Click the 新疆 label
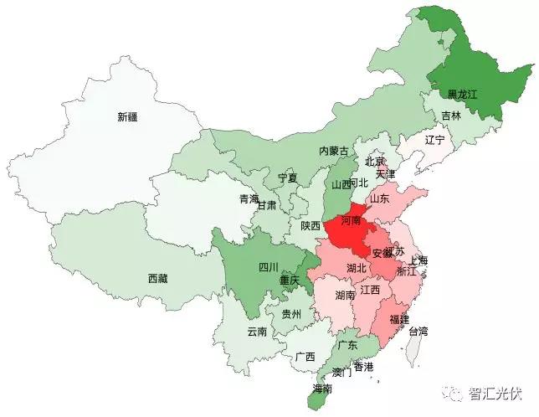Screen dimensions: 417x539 pyautogui.click(x=127, y=118)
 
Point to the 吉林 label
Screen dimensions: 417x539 pyautogui.click(x=451, y=116)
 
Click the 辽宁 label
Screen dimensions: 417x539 pyautogui.click(x=434, y=139)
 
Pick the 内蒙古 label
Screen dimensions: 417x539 pyautogui.click(x=334, y=151)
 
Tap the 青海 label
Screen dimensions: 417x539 pyautogui.click(x=249, y=198)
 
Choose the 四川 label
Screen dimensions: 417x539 pyautogui.click(x=268, y=268)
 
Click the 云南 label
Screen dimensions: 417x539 pyautogui.click(x=257, y=331)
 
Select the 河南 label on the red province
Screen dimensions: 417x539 pyautogui.click(x=352, y=220)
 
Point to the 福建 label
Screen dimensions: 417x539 pyautogui.click(x=399, y=318)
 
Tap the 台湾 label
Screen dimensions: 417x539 pyautogui.click(x=418, y=331)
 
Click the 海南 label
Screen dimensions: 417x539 pyautogui.click(x=322, y=389)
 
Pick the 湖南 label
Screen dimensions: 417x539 pyautogui.click(x=345, y=295)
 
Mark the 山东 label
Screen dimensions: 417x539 pyautogui.click(x=379, y=198)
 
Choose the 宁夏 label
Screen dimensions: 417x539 pyautogui.click(x=287, y=178)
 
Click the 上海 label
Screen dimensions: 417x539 pyautogui.click(x=419, y=260)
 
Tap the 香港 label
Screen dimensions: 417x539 pyautogui.click(x=363, y=367)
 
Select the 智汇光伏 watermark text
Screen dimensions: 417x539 pyautogui.click(x=497, y=392)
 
